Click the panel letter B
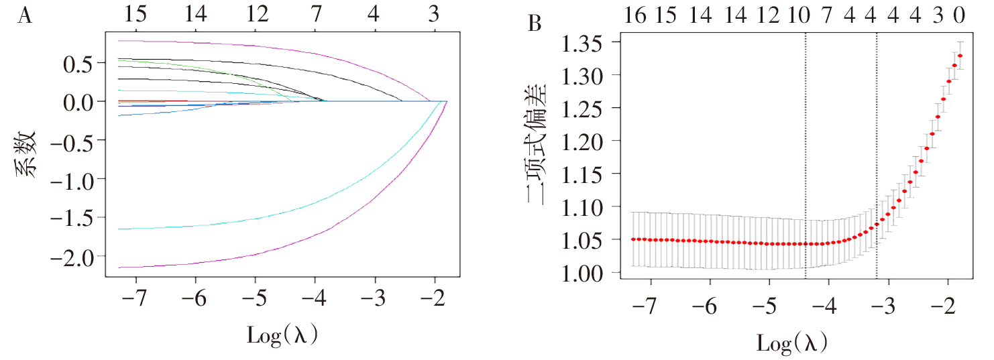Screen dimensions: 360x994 coord(535,23)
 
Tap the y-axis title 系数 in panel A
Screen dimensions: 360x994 coord(25,156)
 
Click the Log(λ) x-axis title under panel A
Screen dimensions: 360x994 coord(282,334)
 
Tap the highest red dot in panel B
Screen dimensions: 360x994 coord(960,56)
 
